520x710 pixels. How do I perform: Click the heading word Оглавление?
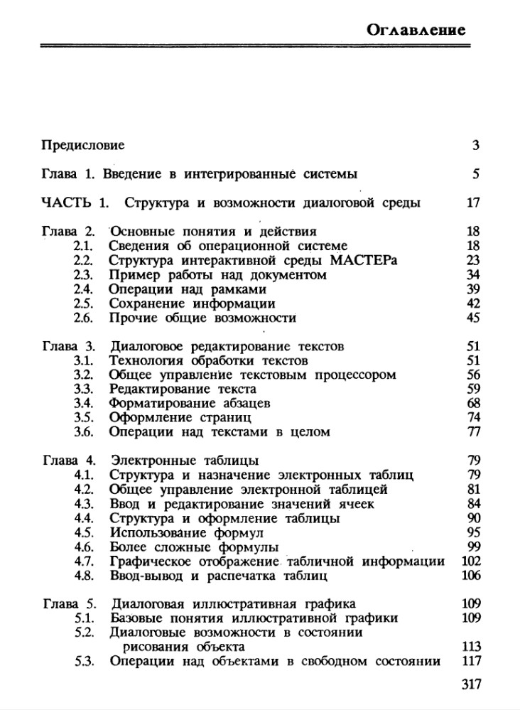coord(417,29)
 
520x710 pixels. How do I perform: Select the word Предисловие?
coord(83,145)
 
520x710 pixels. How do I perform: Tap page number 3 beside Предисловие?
coord(476,145)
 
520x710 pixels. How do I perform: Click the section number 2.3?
coord(84,274)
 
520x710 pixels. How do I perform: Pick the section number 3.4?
coord(84,404)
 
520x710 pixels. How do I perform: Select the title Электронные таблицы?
coord(184,461)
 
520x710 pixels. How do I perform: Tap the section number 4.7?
coord(84,561)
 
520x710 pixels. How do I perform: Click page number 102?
coord(471,561)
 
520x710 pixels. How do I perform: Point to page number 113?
coord(471,647)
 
